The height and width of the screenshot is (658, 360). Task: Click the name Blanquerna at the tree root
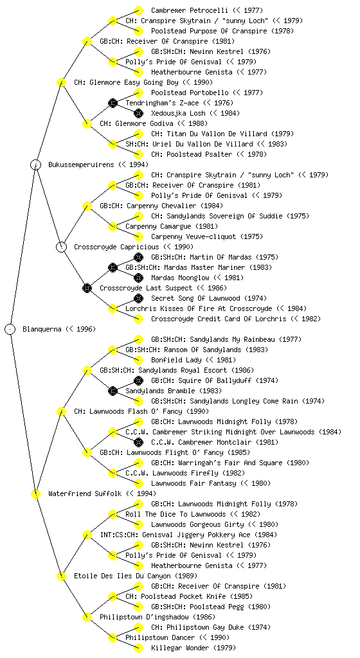pyautogui.click(x=42, y=329)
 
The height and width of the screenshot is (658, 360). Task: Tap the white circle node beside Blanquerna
pyautogui.click(x=10, y=329)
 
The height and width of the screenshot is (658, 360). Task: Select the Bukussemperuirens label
pyautogui.click(x=81, y=164)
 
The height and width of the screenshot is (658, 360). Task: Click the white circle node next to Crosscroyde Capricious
pyautogui.click(x=61, y=247)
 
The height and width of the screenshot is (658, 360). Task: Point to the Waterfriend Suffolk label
pyautogui.click(x=85, y=493)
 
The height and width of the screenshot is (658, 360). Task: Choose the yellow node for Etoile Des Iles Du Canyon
pyautogui.click(x=61, y=576)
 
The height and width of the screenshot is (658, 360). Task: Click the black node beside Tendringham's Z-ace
pyautogui.click(x=113, y=103)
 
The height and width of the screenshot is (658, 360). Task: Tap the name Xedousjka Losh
pyautogui.click(x=178, y=113)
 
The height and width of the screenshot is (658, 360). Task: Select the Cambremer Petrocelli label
pyautogui.click(x=190, y=10)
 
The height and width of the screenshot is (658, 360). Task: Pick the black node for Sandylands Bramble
pyautogui.click(x=113, y=391)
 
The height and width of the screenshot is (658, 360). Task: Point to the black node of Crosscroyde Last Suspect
pyautogui.click(x=87, y=288)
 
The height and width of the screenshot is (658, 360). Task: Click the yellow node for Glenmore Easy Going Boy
pyautogui.click(x=61, y=82)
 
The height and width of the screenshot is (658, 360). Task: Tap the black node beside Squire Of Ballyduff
pyautogui.click(x=138, y=380)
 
